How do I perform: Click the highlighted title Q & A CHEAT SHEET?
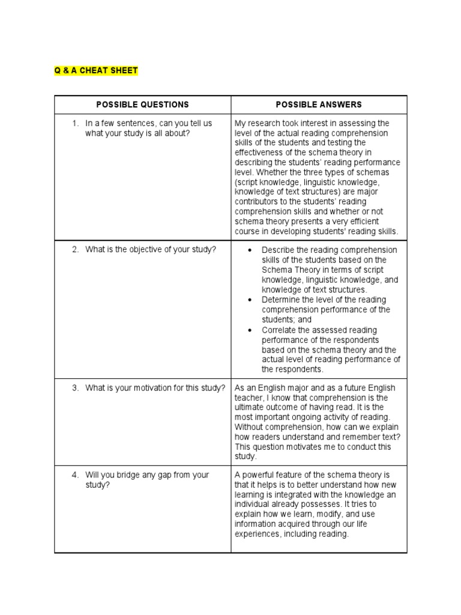coord(96,70)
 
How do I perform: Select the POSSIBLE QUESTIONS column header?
coord(142,105)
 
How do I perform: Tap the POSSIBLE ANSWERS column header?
coord(319,105)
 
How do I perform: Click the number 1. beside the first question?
coord(76,123)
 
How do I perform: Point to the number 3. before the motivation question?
coord(76,388)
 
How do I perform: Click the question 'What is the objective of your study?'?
coord(150,250)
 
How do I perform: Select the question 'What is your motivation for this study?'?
coord(155,388)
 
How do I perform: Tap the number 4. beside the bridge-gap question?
coord(76,475)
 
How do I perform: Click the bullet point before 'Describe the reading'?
coord(249,250)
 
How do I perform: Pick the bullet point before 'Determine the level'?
coord(249,300)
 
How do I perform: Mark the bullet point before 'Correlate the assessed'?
coord(249,330)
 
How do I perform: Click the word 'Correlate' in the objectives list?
coord(279,330)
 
